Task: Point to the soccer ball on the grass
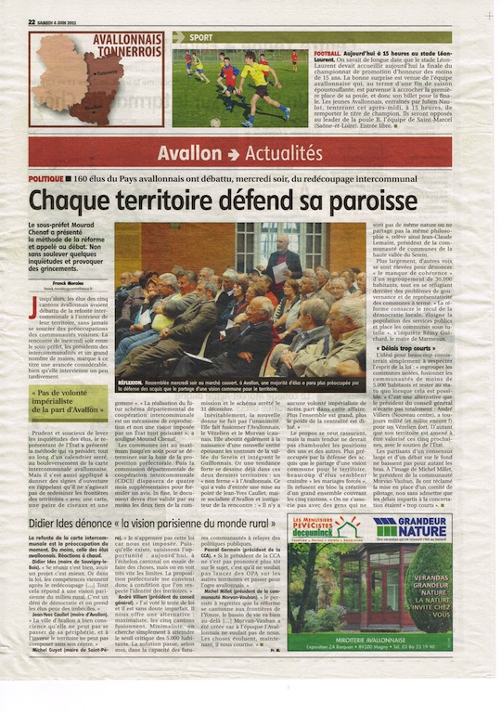(215, 122)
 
